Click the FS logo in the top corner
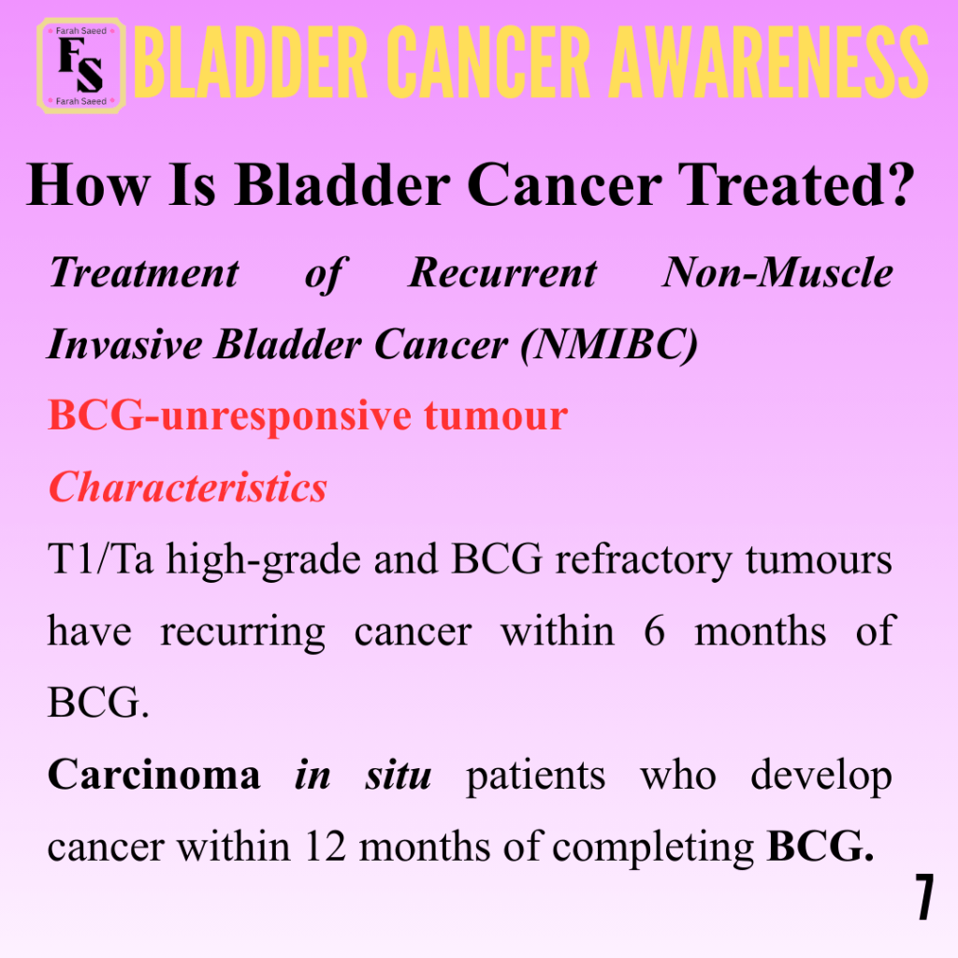81,66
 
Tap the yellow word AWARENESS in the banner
769,63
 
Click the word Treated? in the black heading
797,185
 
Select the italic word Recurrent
502,272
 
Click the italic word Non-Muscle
777,272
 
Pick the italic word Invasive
124,344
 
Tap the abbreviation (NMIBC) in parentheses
608,345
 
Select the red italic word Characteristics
187,488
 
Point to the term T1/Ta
100,559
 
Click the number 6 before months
654,631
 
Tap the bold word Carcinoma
154,776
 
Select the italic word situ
399,776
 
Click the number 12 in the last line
325,848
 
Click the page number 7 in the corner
923,897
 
